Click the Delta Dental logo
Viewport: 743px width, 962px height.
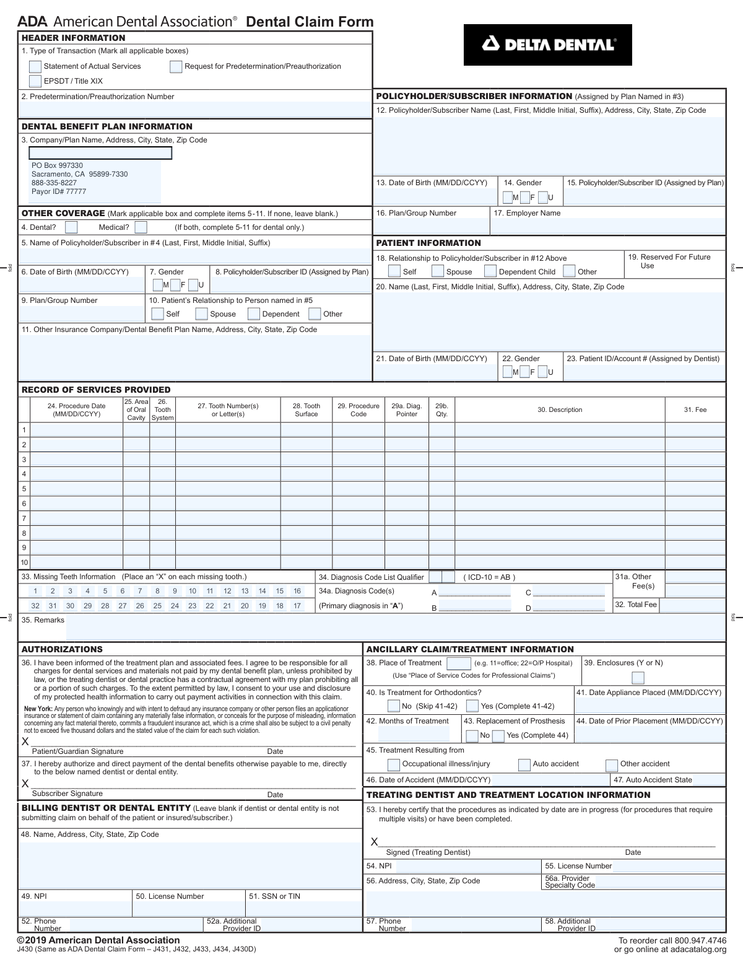(547, 45)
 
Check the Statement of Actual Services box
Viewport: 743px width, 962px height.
(35, 67)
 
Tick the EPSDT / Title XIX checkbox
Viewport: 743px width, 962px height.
(35, 81)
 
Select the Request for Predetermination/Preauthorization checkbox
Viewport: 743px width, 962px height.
(176, 67)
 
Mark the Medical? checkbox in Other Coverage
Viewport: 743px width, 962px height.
(141, 227)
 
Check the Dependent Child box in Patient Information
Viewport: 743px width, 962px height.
(490, 271)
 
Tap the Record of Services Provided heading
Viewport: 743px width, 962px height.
(96, 390)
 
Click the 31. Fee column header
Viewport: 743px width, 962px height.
(695, 410)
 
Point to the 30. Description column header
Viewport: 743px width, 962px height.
(560, 410)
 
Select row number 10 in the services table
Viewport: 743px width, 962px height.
(24, 562)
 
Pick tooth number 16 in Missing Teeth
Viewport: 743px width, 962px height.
(297, 591)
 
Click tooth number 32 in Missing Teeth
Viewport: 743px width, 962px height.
(35, 606)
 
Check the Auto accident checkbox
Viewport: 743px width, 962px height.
(524, 764)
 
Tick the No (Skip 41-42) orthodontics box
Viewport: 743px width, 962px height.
(394, 706)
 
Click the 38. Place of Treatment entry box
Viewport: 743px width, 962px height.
(459, 663)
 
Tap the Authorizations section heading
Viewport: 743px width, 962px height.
(62, 649)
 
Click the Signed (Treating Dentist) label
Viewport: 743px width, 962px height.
(428, 852)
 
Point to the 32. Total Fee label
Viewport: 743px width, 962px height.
(635, 605)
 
